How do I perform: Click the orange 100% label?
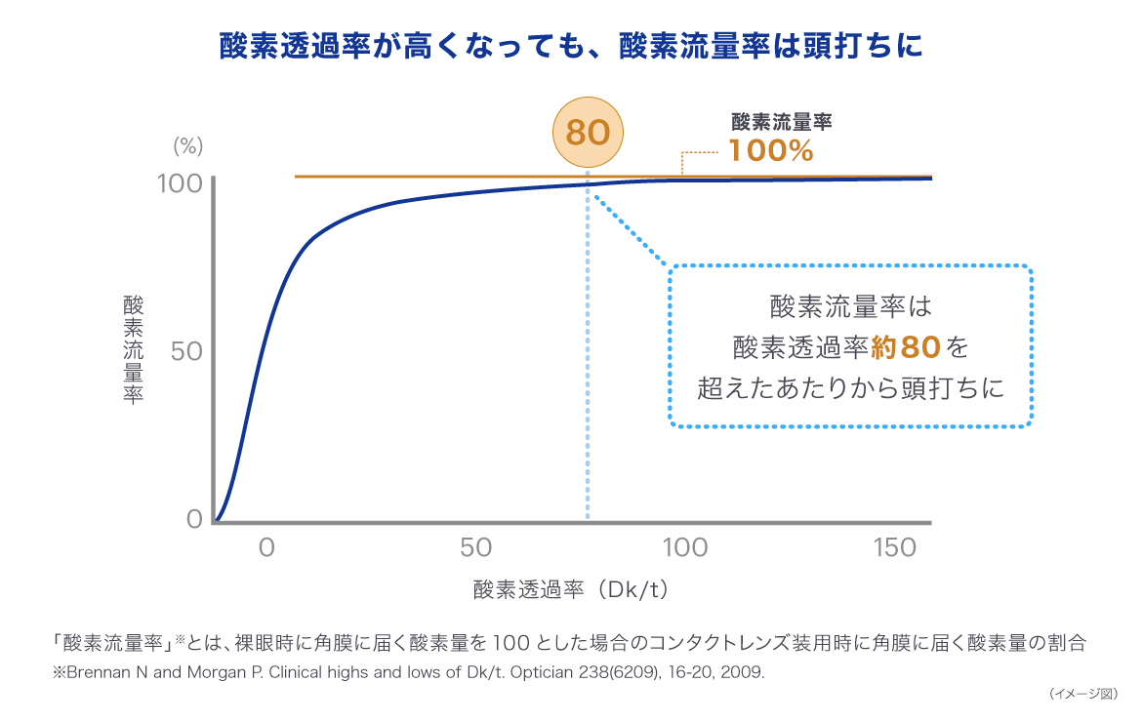771,151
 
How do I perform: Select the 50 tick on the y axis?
185,351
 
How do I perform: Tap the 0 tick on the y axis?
194,518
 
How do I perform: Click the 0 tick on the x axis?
265,548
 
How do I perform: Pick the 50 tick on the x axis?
476,548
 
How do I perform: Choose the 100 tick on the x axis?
685,548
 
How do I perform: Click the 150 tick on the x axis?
895,548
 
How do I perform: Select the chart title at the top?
571,47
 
